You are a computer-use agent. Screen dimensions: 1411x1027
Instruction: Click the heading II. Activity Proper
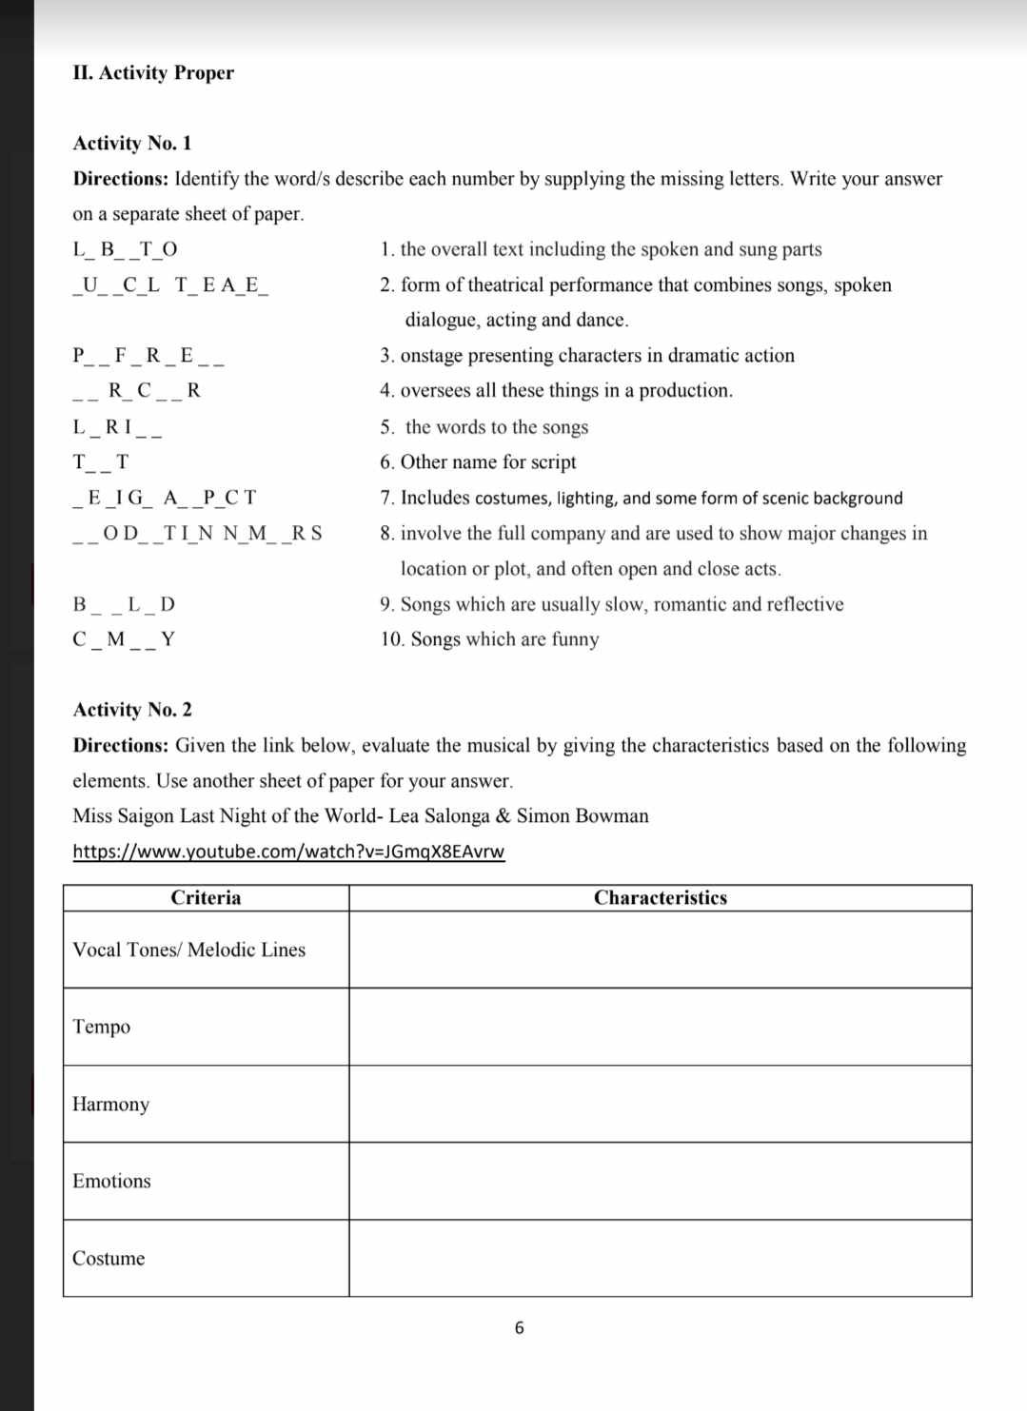pos(153,73)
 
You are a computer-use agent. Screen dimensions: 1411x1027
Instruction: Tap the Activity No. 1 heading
pos(132,144)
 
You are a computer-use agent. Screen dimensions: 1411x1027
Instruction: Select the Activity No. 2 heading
pos(132,710)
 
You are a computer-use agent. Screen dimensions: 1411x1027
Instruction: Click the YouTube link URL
pos(288,852)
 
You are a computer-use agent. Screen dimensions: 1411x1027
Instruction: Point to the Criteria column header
pos(206,898)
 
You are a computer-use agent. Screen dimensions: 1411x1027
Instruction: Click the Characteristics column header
pos(660,898)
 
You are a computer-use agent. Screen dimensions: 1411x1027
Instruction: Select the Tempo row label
pos(102,1027)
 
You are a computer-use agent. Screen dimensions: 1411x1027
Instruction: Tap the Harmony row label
pos(111,1105)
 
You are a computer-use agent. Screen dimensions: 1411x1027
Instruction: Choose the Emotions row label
pos(111,1182)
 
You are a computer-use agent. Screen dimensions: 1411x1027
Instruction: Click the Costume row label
pos(109,1259)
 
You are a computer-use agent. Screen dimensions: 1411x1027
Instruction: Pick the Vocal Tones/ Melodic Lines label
pos(188,950)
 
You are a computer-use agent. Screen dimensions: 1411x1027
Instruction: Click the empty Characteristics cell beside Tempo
pos(660,1027)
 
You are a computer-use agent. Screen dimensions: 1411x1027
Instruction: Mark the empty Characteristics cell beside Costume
pos(660,1259)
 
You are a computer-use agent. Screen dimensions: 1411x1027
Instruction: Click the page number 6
pos(519,1328)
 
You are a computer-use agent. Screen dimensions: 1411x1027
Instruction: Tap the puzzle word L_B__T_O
pos(125,250)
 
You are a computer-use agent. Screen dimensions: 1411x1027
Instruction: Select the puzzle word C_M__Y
pos(124,639)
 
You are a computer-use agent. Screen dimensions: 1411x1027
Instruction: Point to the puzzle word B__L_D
pos(124,605)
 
